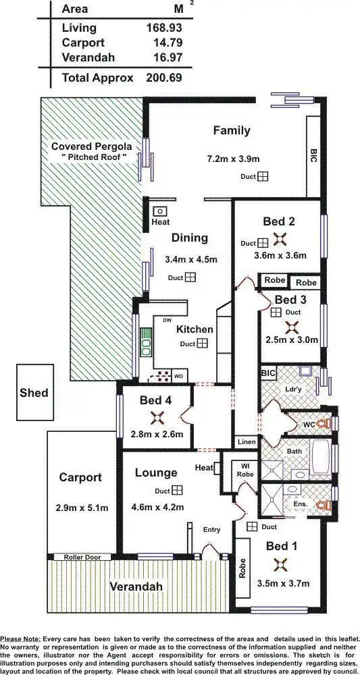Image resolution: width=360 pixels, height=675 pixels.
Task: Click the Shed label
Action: pyautogui.click(x=34, y=392)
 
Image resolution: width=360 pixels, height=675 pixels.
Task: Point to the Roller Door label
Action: pyautogui.click(x=82, y=557)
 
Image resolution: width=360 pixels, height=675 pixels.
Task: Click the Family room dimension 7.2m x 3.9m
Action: pyautogui.click(x=233, y=159)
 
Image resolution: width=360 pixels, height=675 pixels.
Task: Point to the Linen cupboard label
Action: pyautogui.click(x=246, y=441)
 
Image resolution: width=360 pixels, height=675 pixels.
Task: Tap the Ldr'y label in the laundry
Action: pyautogui.click(x=293, y=389)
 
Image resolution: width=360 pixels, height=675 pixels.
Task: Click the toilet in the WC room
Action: pyautogui.click(x=326, y=424)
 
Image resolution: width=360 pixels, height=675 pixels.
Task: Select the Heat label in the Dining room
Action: pyautogui.click(x=161, y=222)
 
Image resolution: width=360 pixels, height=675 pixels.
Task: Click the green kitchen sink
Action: pyautogui.click(x=145, y=342)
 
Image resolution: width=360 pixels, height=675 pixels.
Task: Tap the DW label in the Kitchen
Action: pyautogui.click(x=166, y=320)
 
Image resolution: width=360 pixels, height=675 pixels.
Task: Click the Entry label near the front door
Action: pyautogui.click(x=211, y=530)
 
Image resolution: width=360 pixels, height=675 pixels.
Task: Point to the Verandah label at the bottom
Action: pyautogui.click(x=136, y=587)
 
